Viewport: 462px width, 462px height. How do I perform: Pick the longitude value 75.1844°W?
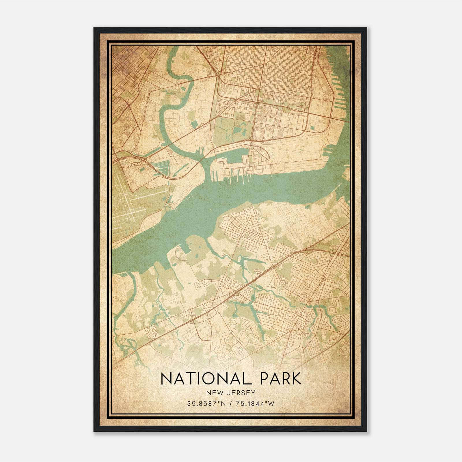click(254, 404)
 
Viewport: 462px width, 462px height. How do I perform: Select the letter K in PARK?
click(295, 379)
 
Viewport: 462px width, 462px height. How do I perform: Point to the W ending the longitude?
click(272, 404)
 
